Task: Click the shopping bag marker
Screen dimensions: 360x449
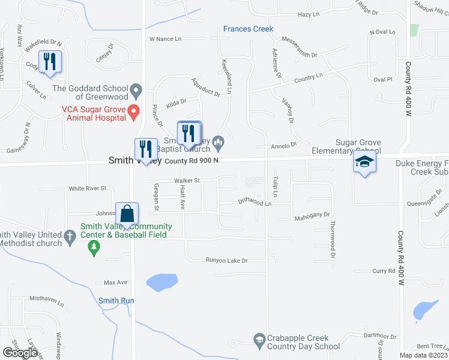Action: [128, 214]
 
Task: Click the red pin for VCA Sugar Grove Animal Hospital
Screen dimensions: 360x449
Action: [135, 111]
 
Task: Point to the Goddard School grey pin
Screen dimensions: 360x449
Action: [137, 92]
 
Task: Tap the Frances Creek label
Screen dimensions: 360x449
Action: [248, 29]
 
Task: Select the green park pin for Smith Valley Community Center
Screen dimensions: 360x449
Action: [94, 248]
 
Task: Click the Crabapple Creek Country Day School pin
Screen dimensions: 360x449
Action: [259, 339]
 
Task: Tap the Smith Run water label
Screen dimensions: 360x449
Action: [116, 301]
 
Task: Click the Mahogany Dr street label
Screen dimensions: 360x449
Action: [313, 214]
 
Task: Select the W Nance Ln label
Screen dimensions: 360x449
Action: [165, 39]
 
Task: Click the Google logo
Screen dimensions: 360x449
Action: [20, 352]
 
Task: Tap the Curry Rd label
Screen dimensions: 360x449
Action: [384, 271]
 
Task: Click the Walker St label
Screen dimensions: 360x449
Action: [186, 180]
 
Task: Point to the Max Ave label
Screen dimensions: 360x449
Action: [116, 282]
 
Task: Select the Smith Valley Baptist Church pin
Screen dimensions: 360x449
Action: [218, 142]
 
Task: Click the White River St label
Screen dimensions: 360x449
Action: [88, 188]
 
